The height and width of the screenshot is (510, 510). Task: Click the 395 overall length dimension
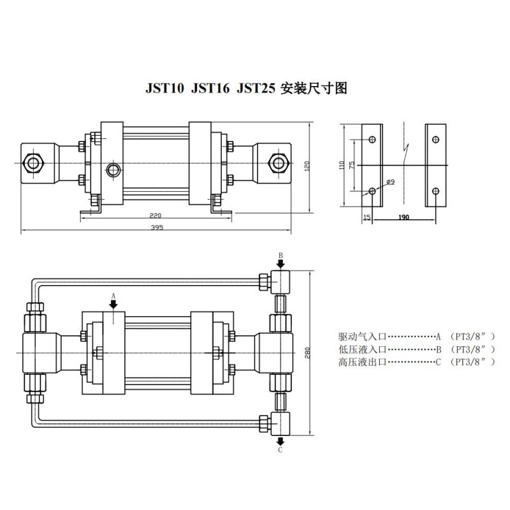[x=157, y=228]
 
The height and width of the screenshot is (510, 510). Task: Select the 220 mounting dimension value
[x=155, y=215]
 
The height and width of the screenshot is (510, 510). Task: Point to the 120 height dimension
[x=307, y=165]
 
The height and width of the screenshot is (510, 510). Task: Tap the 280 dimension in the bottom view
[x=307, y=353]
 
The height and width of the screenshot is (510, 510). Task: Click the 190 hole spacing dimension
[x=404, y=217]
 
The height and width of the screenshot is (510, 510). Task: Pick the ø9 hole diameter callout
[x=391, y=182]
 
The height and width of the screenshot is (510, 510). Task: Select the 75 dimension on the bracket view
[x=352, y=165]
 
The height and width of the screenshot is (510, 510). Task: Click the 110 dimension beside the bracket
[x=342, y=165]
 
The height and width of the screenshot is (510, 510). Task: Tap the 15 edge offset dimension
[x=367, y=217]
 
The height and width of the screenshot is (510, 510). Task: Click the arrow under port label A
[x=113, y=305]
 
